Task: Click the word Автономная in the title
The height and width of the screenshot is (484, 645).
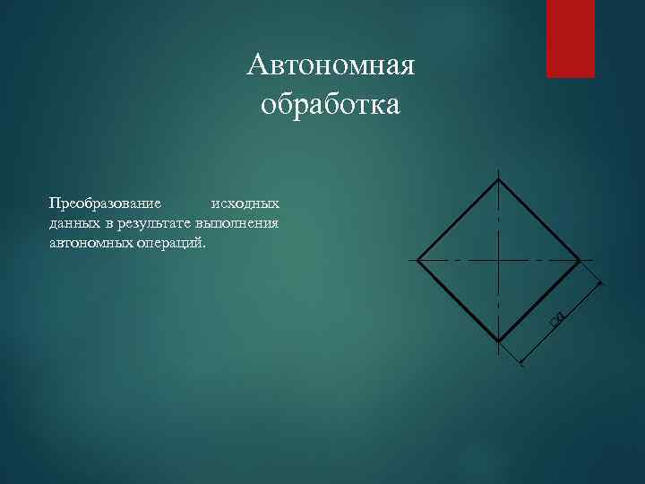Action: pyautogui.click(x=331, y=65)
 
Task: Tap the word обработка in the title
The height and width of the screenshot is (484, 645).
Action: pyautogui.click(x=331, y=106)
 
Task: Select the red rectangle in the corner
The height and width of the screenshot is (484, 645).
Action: pyautogui.click(x=571, y=39)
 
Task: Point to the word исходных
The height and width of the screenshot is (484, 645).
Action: pyautogui.click(x=245, y=203)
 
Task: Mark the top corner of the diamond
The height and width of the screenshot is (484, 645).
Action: pyautogui.click(x=498, y=179)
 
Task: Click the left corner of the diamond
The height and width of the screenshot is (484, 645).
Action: pyautogui.click(x=418, y=260)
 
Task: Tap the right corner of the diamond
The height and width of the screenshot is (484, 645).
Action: pyautogui.click(x=579, y=260)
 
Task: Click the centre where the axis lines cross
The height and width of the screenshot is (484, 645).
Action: pyautogui.click(x=498, y=260)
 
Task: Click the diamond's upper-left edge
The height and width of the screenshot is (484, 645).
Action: pyautogui.click(x=458, y=220)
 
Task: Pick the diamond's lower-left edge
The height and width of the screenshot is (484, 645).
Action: pyautogui.click(x=458, y=300)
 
